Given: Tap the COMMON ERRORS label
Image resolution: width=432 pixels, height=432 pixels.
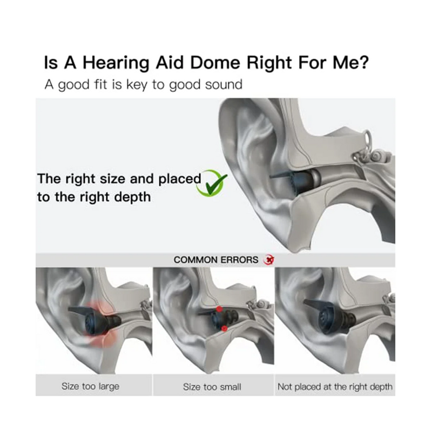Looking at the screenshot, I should tap(216, 260).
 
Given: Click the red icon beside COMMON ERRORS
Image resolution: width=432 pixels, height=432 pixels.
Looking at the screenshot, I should tap(268, 260).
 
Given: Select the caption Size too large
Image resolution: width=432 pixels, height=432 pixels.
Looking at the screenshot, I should tap(90, 386).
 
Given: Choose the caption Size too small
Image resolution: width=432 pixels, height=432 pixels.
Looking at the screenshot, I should tap(212, 387).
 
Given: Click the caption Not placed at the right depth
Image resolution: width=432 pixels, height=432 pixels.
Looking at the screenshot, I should tap(335, 386).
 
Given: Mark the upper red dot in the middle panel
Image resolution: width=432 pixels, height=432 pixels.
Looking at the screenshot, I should tap(219, 308).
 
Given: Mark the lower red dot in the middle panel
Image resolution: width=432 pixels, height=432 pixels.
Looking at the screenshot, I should tap(223, 328).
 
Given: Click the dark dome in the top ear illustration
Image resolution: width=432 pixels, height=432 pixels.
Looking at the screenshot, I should tap(296, 178).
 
